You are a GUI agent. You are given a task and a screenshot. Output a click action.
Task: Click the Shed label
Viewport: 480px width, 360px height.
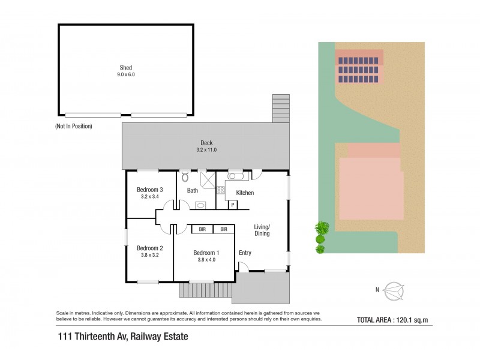(125, 68)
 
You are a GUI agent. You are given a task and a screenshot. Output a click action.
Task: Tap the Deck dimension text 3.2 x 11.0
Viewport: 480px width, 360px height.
(206, 150)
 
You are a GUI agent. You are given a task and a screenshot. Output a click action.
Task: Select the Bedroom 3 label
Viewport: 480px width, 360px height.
(150, 190)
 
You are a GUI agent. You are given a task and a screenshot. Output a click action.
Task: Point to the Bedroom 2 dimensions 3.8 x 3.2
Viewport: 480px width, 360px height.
(149, 255)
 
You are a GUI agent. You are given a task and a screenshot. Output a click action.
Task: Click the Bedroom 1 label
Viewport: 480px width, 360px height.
(206, 253)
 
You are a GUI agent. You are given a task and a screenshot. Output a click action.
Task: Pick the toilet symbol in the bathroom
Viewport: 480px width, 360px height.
(185, 178)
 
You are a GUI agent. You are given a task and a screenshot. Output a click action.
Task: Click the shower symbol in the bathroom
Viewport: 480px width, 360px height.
(207, 179)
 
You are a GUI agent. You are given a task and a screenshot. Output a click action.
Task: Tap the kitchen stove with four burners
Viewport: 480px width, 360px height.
(220, 191)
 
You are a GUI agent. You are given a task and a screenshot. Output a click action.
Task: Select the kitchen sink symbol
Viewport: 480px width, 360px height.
(235, 177)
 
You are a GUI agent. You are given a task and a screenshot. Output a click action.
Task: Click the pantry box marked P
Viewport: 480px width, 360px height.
(232, 205)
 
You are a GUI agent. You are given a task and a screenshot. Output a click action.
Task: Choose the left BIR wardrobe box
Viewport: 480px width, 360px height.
(202, 229)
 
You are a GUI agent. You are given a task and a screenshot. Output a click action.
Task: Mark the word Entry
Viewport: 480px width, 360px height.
(245, 253)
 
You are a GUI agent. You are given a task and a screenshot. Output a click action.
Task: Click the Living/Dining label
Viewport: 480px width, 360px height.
(262, 230)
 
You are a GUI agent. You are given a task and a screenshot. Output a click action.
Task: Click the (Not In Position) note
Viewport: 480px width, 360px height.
(74, 127)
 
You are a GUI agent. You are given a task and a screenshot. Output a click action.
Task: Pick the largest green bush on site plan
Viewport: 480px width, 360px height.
(322, 228)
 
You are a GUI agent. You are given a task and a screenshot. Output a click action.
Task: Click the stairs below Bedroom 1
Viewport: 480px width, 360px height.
(205, 290)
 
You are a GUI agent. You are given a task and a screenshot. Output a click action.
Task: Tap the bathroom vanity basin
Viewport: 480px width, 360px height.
(201, 205)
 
